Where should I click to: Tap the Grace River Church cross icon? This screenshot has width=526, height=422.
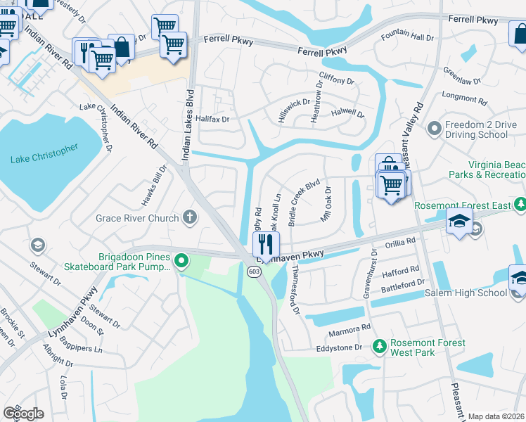[x=188, y=217]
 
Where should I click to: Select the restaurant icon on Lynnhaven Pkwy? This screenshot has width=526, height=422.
[x=266, y=245]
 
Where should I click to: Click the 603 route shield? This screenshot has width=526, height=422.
[x=251, y=271]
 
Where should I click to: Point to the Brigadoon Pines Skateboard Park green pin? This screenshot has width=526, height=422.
[x=181, y=262]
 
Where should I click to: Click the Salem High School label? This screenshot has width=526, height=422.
[x=466, y=293]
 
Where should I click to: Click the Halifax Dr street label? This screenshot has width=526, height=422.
[x=212, y=120]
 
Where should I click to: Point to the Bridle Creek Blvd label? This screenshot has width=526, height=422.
[x=304, y=201]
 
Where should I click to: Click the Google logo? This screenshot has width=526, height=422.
[x=23, y=414]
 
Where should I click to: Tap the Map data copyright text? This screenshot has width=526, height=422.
[x=496, y=416]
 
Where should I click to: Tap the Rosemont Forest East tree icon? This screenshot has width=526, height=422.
[x=520, y=205]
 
